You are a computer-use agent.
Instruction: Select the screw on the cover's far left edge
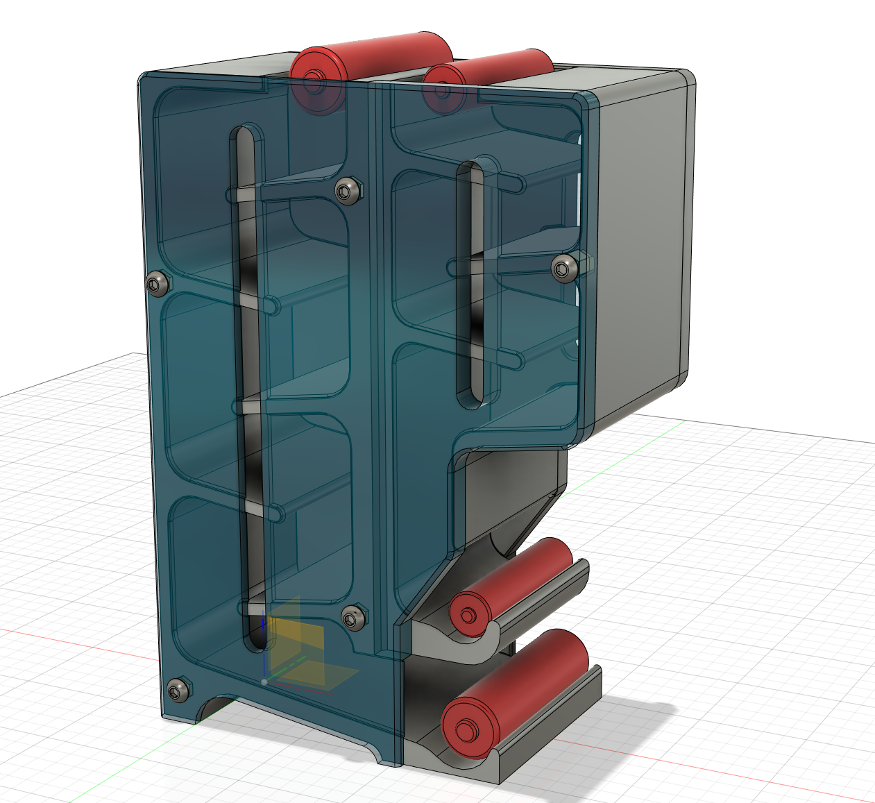point(158,283)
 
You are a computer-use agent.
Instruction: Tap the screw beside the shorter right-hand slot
point(565,267)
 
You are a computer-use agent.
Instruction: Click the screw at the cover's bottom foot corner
point(177,689)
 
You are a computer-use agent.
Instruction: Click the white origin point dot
point(264,682)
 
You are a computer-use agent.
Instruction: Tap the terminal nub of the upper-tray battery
point(468,615)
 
